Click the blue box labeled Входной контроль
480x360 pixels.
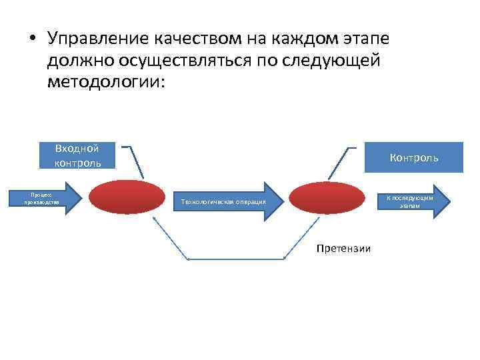coord(78,155)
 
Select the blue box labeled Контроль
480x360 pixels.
coord(414,157)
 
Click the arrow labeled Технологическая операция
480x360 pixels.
coord(223,201)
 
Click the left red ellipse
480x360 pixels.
coord(127,199)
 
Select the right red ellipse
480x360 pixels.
coord(327,199)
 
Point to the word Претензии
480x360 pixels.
coord(344,249)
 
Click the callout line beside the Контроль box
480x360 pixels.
coord(340,163)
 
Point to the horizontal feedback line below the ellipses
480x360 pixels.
coord(237,259)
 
